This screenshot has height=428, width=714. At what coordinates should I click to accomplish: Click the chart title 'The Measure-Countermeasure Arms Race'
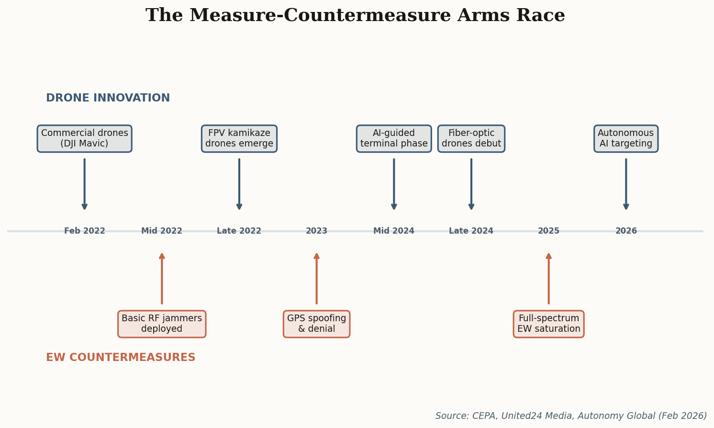[x=355, y=15]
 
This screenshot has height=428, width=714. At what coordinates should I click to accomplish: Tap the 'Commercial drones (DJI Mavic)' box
[x=85, y=139]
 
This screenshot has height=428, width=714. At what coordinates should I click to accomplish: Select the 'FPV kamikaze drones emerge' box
[x=239, y=139]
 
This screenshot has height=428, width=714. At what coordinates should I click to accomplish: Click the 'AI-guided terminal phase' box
[x=394, y=139]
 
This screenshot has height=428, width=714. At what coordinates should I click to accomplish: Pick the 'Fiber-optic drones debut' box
[x=471, y=139]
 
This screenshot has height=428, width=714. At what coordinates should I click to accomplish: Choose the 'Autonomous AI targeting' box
[x=626, y=139]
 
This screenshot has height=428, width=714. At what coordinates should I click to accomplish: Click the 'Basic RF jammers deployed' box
[x=162, y=324]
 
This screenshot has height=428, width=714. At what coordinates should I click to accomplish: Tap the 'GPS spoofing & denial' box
[x=316, y=324]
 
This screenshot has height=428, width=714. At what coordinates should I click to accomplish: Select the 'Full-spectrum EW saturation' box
[x=548, y=324]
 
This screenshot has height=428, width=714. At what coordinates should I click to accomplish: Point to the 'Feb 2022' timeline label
[x=85, y=231]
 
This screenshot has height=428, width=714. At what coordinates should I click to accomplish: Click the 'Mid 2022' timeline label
[x=162, y=231]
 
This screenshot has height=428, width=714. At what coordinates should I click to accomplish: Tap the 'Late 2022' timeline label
[x=239, y=231]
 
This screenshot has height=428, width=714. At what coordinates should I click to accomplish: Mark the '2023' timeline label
[x=316, y=231]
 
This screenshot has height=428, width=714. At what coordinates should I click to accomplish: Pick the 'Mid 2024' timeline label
[x=394, y=231]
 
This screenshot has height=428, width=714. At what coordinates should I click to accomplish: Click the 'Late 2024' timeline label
[x=471, y=231]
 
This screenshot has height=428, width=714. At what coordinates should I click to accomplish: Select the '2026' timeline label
[x=626, y=231]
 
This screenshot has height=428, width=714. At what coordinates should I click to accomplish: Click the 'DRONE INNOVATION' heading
[x=108, y=98]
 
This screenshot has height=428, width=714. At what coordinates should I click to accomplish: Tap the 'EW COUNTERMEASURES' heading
[x=121, y=358]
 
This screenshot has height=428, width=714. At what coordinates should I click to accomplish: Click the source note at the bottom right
[x=571, y=416]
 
